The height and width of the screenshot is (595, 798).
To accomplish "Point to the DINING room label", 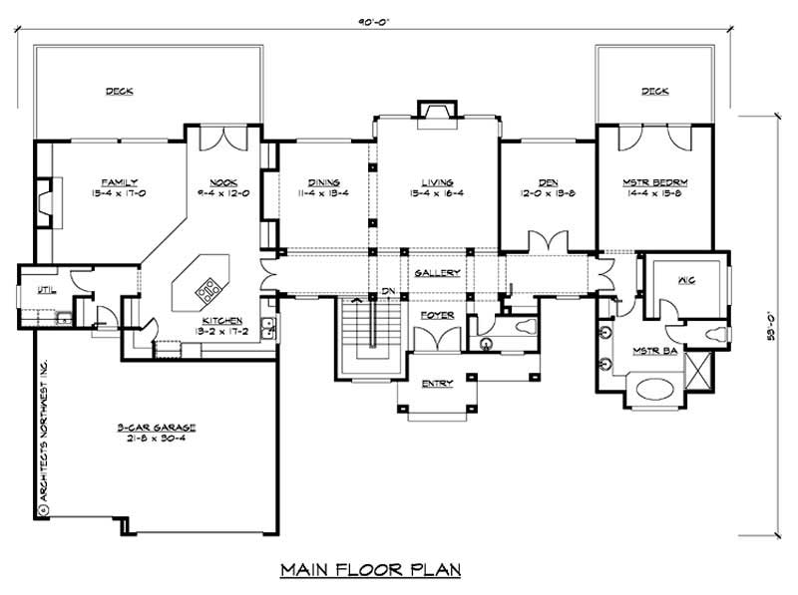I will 324,182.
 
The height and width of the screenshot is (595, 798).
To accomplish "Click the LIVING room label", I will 437,182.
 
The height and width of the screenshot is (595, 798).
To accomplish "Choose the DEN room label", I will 547,182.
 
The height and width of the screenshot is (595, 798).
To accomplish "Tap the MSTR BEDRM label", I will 655,182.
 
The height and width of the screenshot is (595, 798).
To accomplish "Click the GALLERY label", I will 437,272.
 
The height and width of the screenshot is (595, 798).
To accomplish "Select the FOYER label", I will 436,314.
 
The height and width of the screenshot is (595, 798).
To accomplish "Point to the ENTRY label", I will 436,384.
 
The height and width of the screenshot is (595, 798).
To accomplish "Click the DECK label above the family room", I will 120,92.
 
